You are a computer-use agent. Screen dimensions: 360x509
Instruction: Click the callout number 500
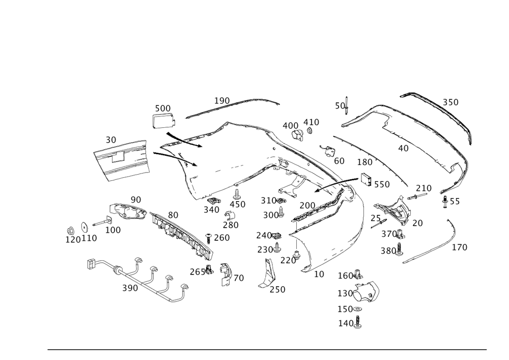tap(162, 108)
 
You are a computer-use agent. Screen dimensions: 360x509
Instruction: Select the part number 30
tap(111, 140)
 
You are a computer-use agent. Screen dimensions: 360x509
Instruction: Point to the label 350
tap(450, 102)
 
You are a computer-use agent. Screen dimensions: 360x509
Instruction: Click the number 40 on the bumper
tap(403, 148)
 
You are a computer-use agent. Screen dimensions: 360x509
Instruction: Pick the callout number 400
tap(290, 125)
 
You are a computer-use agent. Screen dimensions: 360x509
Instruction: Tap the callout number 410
tap(311, 122)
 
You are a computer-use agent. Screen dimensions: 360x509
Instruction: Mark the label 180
tap(364, 162)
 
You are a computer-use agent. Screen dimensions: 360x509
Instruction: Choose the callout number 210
tap(423, 188)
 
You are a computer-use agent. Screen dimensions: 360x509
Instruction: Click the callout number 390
tap(129, 288)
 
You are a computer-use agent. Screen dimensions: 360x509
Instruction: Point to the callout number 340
tap(212, 209)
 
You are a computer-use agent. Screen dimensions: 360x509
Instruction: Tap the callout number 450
tap(238, 204)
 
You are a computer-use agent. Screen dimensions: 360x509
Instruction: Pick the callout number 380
tap(388, 251)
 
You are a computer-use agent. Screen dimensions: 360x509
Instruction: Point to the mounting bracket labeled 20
tap(398, 211)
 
